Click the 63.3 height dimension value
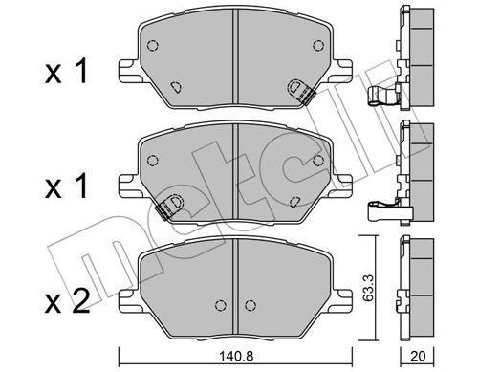coord(368,289)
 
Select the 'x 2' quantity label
coord(67,302)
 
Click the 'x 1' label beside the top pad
coord(66,73)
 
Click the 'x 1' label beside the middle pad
coord(66,187)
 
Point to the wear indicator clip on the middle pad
coord(168,207)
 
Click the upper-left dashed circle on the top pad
coord(153,46)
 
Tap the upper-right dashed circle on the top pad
coord(318,46)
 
